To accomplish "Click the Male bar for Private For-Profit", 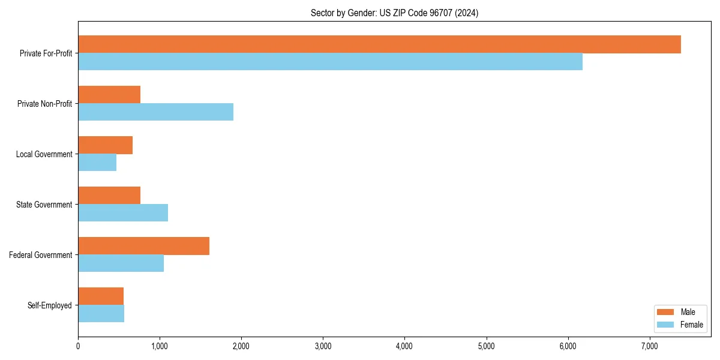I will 379,44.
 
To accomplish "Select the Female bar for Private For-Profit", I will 330,62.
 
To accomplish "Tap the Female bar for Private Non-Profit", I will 155,112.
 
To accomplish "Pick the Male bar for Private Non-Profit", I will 109,95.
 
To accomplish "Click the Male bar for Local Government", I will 105,145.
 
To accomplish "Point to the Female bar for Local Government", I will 97,163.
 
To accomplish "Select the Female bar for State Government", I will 123,213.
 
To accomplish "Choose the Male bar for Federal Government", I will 143,246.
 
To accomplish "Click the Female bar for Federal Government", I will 121,263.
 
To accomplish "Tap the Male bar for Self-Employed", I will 101,296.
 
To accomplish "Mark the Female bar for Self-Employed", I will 101,314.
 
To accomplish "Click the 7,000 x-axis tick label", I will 649,346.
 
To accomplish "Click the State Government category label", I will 44,205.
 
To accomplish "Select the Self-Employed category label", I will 49,305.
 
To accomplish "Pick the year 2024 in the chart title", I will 467,13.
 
